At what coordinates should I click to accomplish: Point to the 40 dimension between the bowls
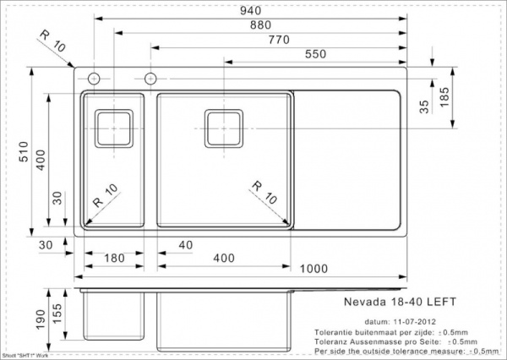(x=187, y=245)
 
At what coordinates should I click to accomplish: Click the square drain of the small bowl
(x=112, y=128)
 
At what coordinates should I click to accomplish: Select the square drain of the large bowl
(x=224, y=128)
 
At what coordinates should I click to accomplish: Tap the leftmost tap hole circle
(x=92, y=79)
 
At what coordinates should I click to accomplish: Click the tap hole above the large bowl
(x=150, y=79)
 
